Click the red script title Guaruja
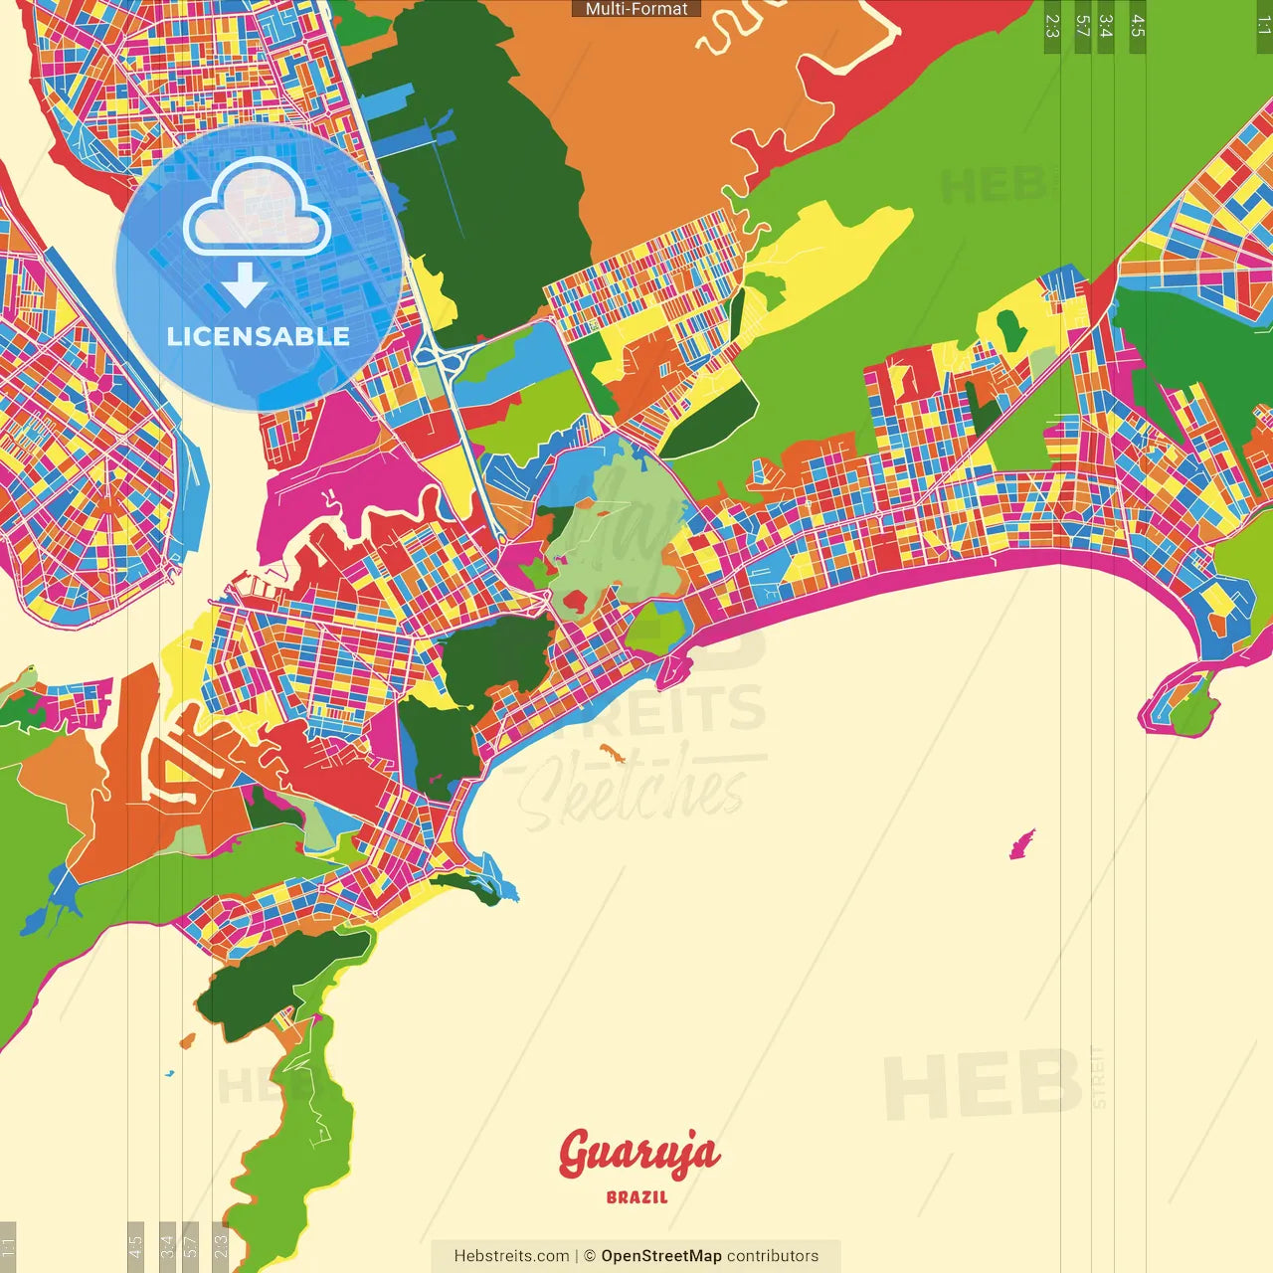coord(638,1154)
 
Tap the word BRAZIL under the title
coord(637,1197)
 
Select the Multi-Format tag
coord(636,9)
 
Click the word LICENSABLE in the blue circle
coord(259,336)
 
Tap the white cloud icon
coord(258,209)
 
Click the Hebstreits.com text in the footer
coord(511,1256)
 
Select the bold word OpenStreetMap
coord(661,1256)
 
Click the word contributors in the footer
coord(773,1256)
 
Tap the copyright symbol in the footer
coord(589,1256)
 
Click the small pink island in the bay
coord(1021,845)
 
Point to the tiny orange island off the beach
coord(610,752)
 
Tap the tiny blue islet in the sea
coord(169,1074)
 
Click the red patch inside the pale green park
coord(575,601)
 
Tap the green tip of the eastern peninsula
coord(1191,708)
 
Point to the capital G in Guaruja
coord(577,1154)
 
